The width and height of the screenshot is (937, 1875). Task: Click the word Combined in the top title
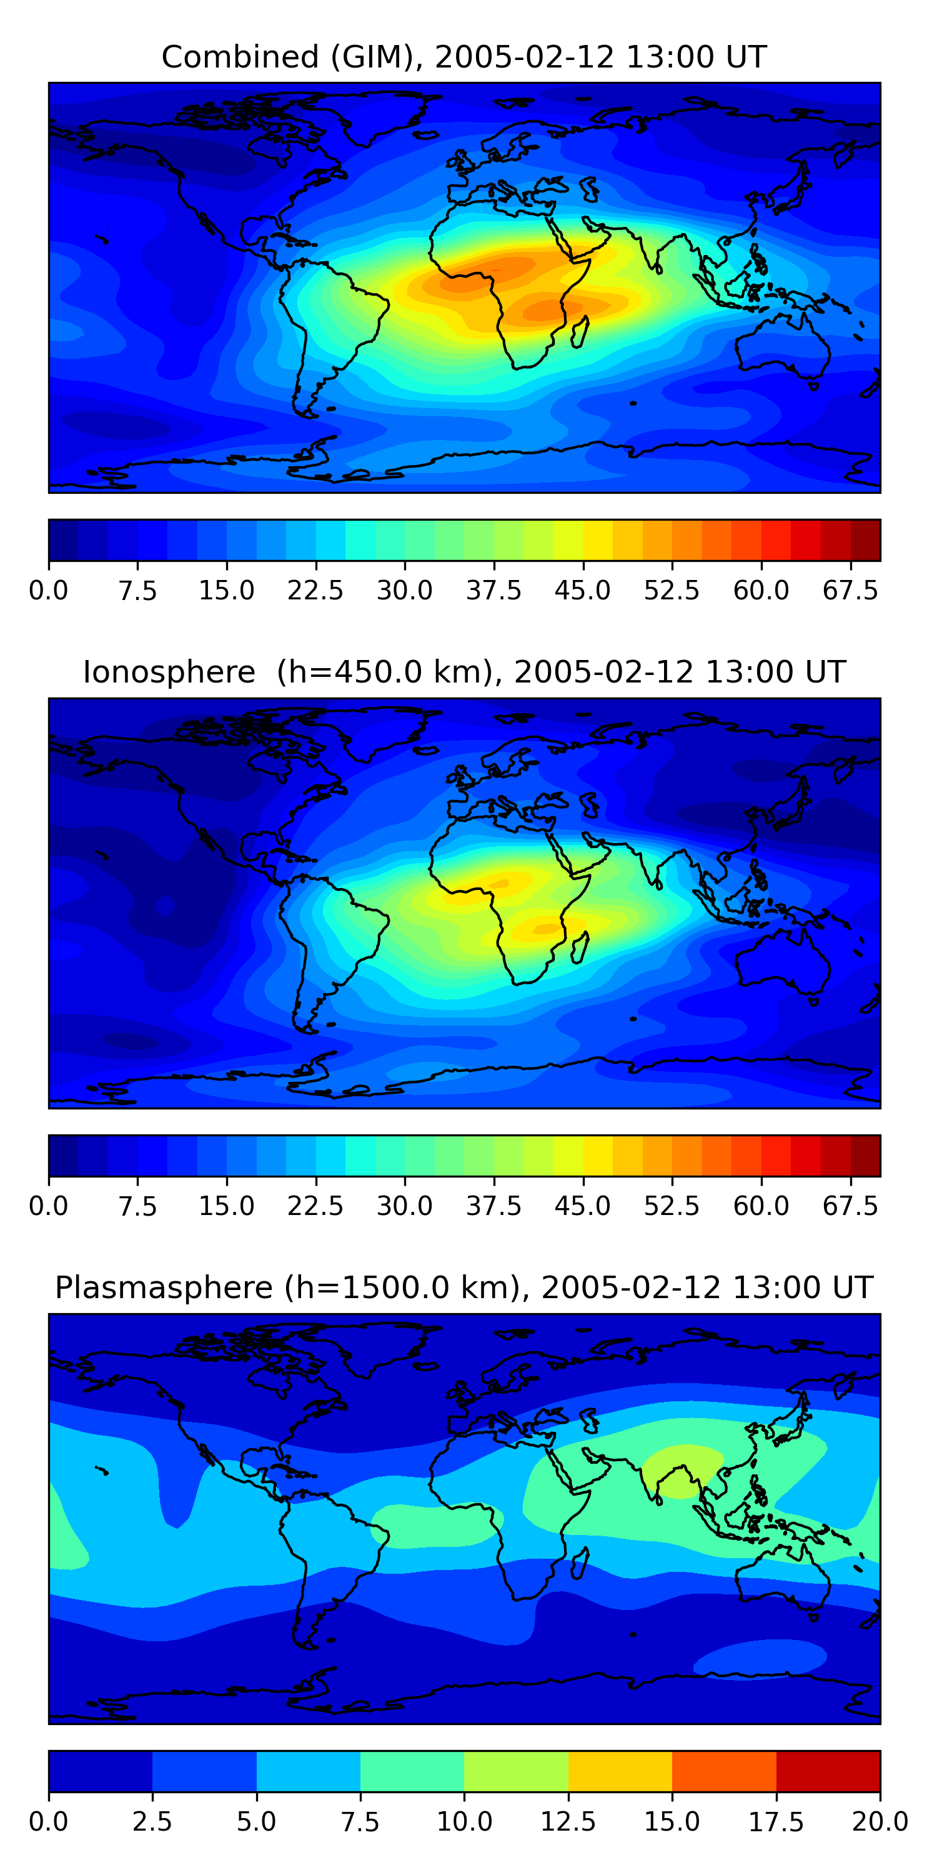coord(240,57)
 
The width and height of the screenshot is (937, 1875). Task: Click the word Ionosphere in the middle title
coord(169,672)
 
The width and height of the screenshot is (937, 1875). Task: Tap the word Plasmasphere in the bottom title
coord(164,1287)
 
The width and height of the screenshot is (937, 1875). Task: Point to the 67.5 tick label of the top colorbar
coord(850,590)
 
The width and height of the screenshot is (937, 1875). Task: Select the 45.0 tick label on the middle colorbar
coord(583,1206)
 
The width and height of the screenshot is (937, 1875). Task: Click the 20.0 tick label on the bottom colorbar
coord(880,1822)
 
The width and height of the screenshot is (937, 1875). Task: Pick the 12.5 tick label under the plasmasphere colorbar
coord(568,1822)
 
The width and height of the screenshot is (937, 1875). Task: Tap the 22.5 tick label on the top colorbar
coord(315,590)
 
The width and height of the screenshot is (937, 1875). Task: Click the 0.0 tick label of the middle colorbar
coord(49,1206)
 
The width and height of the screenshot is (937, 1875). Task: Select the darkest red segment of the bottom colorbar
coord(828,1771)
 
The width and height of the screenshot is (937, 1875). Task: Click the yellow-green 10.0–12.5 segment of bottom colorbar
coord(516,1771)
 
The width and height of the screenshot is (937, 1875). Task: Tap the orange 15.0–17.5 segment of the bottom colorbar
coord(724,1771)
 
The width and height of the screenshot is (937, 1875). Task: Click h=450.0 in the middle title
coord(385,672)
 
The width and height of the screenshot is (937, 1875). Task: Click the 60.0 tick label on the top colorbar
coord(761,590)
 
